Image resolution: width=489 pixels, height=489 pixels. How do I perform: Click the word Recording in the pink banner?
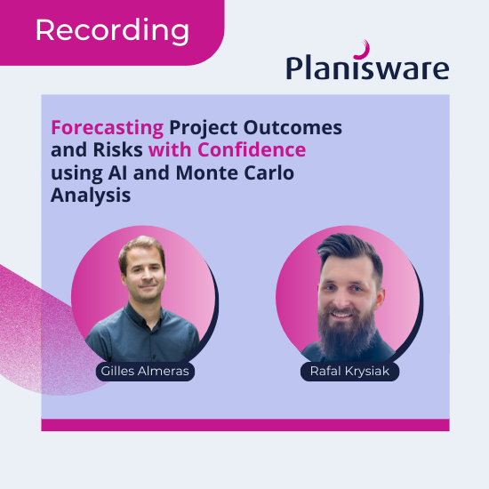[x=112, y=31]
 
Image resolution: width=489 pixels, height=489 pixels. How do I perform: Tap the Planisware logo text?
[x=367, y=67]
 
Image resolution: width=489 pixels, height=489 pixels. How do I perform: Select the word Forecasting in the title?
[x=107, y=127]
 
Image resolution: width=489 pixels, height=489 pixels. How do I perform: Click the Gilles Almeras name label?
[x=144, y=371]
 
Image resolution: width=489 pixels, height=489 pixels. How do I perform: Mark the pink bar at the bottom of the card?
[x=244, y=424]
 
